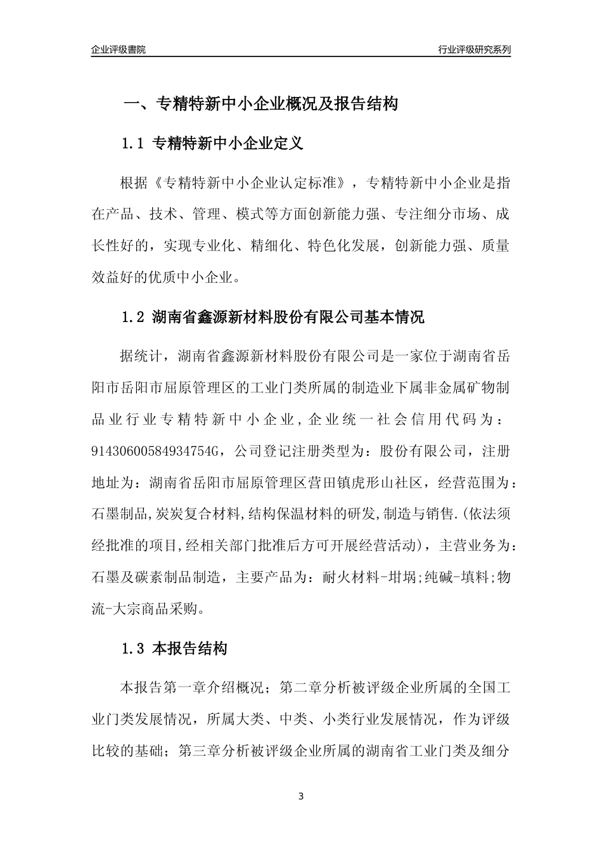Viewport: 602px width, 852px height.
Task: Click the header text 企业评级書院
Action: coord(118,49)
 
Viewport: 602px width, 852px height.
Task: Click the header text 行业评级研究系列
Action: coord(474,49)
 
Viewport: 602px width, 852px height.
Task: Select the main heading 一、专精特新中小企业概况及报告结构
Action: coord(260,104)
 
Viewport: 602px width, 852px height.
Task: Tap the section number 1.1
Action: coord(134,144)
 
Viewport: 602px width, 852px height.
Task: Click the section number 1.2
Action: coord(134,317)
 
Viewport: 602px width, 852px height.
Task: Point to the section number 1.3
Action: coord(134,649)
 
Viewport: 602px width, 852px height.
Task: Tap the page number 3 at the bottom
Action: coord(301,796)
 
